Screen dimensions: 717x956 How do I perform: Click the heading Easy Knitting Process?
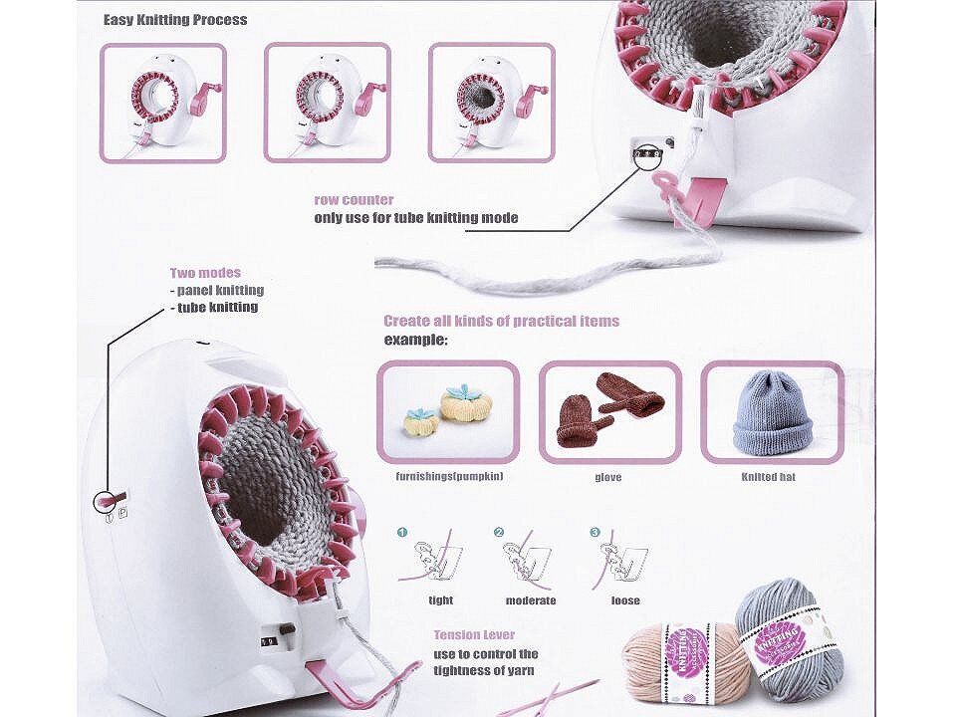tap(175, 20)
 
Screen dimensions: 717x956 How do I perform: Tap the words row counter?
tap(354, 200)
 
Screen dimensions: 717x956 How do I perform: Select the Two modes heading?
tap(205, 273)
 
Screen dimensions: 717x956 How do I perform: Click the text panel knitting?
tap(220, 290)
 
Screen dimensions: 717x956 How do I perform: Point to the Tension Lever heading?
tap(474, 634)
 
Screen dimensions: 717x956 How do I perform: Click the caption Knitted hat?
tap(768, 477)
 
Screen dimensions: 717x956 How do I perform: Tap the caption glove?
tap(607, 477)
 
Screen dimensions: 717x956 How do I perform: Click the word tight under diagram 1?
tap(440, 600)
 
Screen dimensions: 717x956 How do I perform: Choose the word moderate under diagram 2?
tap(531, 600)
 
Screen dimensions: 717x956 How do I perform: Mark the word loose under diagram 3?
tap(625, 600)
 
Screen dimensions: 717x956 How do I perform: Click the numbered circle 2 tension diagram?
tap(499, 533)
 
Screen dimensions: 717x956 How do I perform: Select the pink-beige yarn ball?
tap(677, 657)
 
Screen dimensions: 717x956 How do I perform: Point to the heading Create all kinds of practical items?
tap(501, 321)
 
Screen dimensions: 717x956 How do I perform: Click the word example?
tap(416, 340)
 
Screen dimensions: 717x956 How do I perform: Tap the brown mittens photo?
tap(609, 411)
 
